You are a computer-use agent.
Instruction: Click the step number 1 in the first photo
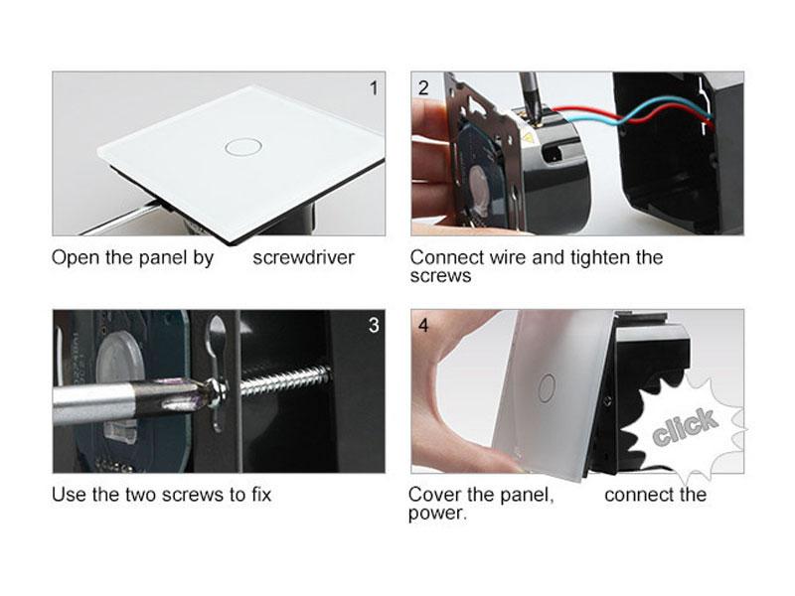pos(374,88)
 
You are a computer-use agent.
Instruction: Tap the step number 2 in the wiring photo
pos(423,88)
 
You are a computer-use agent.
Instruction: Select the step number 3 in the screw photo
pos(374,326)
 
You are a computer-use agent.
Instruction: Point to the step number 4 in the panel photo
pos(423,326)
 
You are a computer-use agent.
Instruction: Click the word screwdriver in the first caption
pos(303,257)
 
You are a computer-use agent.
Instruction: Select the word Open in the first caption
pos(76,258)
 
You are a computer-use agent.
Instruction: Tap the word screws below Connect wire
pos(440,276)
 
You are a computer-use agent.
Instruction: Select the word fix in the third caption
pos(261,494)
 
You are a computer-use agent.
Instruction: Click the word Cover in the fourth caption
pos(431,495)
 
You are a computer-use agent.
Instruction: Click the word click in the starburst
pos(686,427)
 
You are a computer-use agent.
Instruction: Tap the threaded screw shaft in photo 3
pos(285,381)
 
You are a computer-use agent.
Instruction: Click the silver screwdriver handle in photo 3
pos(92,403)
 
